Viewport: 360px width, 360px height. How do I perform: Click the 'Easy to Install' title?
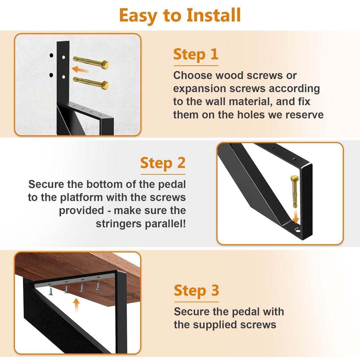click(x=180, y=15)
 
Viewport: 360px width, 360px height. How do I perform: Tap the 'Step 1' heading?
click(x=196, y=54)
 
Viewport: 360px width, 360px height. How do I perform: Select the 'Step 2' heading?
click(x=162, y=163)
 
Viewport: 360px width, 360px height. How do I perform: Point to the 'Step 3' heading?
click(x=196, y=291)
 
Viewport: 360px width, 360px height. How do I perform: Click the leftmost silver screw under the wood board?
click(x=51, y=291)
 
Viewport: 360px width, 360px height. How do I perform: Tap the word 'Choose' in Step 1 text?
click(x=193, y=76)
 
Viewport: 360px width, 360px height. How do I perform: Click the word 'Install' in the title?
click(x=213, y=15)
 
